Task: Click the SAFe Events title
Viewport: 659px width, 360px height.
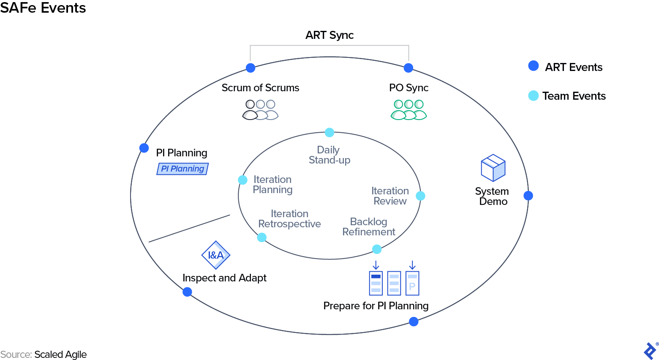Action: pyautogui.click(x=43, y=8)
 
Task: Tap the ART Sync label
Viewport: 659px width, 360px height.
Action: pyautogui.click(x=329, y=35)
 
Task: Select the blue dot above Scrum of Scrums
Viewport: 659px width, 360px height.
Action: pyautogui.click(x=251, y=68)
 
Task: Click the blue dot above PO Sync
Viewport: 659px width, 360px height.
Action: pyautogui.click(x=408, y=68)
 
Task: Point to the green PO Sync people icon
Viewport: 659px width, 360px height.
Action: pyautogui.click(x=408, y=110)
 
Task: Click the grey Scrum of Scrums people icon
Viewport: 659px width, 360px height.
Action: pyautogui.click(x=260, y=110)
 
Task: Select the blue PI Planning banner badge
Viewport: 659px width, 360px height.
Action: pyautogui.click(x=182, y=169)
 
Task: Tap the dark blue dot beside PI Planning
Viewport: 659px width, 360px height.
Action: pyautogui.click(x=144, y=148)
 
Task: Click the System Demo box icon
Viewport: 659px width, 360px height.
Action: pyautogui.click(x=493, y=168)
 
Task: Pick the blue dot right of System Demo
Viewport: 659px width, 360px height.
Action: pyautogui.click(x=528, y=196)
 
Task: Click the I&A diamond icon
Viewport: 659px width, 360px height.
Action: pyautogui.click(x=216, y=255)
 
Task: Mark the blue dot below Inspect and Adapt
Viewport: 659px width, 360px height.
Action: pyautogui.click(x=187, y=292)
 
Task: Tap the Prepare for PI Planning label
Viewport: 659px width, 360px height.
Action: pyautogui.click(x=376, y=305)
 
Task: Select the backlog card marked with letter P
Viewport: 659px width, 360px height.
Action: pyautogui.click(x=412, y=283)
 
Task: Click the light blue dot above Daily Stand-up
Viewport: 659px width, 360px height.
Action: pyautogui.click(x=329, y=133)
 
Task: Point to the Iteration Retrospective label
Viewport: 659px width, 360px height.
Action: pyautogui.click(x=289, y=219)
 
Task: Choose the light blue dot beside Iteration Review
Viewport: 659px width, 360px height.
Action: pyautogui.click(x=420, y=196)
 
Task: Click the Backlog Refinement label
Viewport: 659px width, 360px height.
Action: pyautogui.click(x=369, y=227)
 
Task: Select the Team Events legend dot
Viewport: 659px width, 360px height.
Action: pyautogui.click(x=534, y=95)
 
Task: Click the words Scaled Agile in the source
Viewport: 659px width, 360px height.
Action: pyautogui.click(x=60, y=355)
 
